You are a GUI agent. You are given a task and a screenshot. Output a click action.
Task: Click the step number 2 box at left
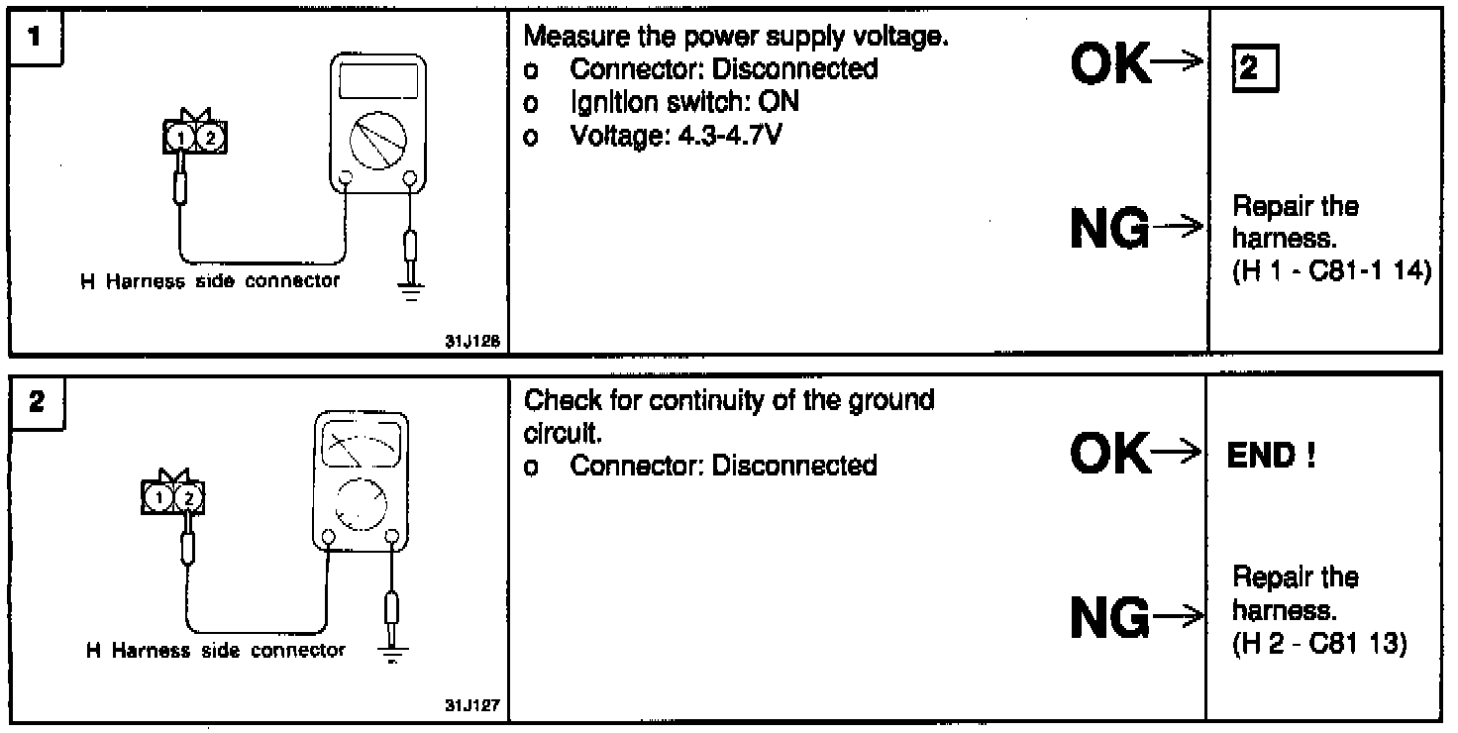click(36, 402)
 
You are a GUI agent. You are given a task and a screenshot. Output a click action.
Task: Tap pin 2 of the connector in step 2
click(189, 497)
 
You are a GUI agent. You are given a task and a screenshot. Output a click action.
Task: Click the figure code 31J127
click(471, 706)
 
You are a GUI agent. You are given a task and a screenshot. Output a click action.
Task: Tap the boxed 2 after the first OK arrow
click(1250, 70)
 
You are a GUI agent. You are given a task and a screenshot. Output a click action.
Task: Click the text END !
click(1271, 457)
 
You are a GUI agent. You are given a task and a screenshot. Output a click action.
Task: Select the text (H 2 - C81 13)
click(1318, 643)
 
